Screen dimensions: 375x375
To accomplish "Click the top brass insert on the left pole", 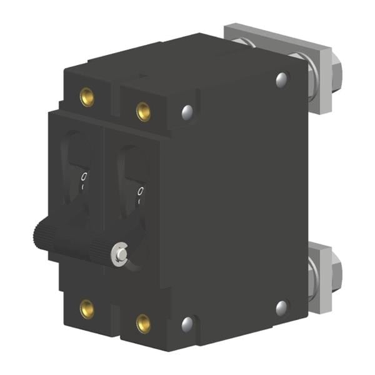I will pyautogui.click(x=87, y=96).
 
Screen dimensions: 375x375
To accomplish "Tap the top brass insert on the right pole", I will pyautogui.click(x=143, y=111).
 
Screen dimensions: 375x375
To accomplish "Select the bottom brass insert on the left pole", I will pyautogui.click(x=87, y=307).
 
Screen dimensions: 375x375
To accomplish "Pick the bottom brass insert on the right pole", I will pyautogui.click(x=143, y=322).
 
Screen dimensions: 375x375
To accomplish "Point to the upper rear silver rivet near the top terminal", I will pyautogui.click(x=282, y=79).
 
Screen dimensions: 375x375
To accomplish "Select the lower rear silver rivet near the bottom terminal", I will pyautogui.click(x=282, y=307).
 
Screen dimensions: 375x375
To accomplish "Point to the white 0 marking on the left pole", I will pyautogui.click(x=84, y=177).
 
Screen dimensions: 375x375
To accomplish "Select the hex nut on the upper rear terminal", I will pyautogui.click(x=334, y=62).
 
